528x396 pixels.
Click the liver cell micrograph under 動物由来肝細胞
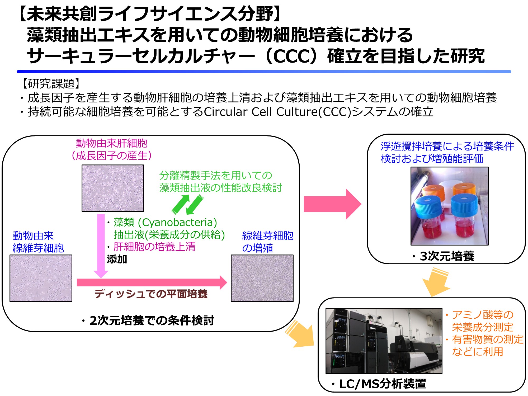(113, 188)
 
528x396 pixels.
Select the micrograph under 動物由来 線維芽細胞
(41, 278)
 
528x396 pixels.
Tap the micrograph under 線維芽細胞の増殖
(262, 278)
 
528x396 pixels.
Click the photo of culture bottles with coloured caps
(450, 206)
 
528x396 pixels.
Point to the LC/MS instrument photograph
(384, 341)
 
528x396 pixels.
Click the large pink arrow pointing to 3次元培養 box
(333, 204)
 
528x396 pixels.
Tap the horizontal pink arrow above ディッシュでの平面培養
(152, 282)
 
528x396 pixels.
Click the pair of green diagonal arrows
(187, 205)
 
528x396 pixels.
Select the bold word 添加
(117, 259)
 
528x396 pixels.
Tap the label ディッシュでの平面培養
(151, 294)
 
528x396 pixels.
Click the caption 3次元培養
(447, 256)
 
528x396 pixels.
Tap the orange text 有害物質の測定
(488, 339)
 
